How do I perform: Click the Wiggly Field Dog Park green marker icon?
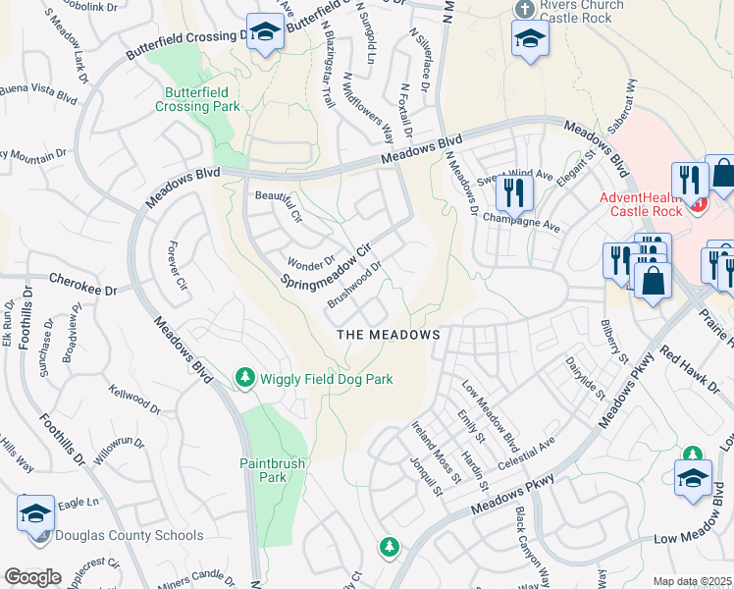point(244,377)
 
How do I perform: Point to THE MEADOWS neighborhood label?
point(389,335)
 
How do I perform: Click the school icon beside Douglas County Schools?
point(35,512)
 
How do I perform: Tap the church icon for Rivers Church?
point(522,9)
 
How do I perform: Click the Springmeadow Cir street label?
point(330,267)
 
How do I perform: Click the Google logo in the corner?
point(32,577)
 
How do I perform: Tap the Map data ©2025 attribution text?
point(692,581)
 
